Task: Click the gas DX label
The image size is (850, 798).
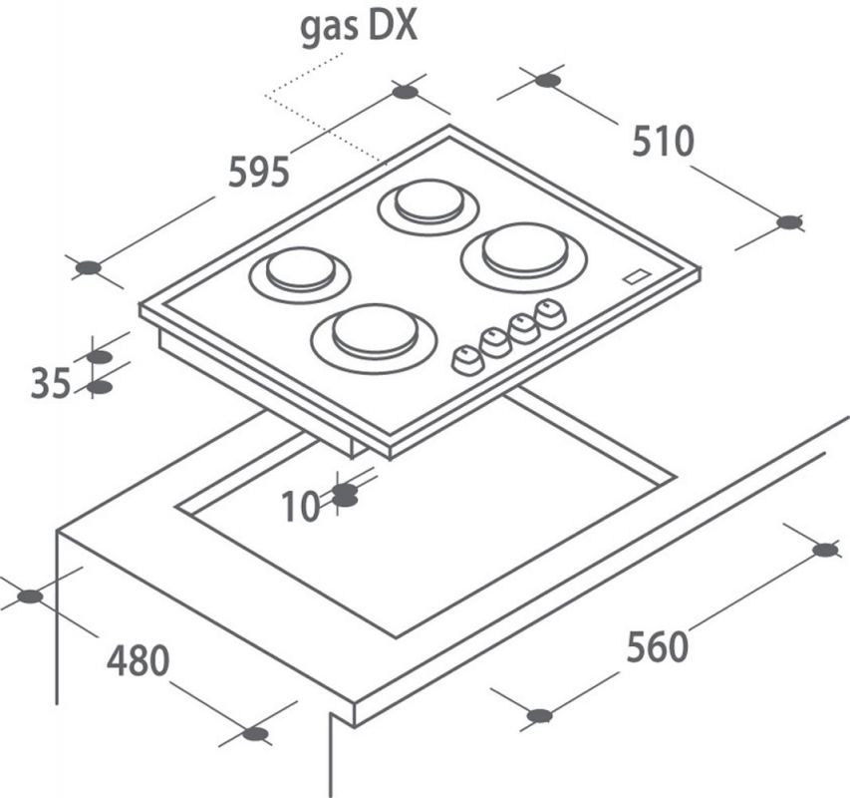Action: point(359,27)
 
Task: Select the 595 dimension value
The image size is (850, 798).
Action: point(258,172)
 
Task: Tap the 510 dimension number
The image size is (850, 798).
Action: point(663,141)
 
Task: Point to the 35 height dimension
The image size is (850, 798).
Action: point(51,383)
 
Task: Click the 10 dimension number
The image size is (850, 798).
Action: point(301,507)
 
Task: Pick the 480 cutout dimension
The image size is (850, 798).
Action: point(138,659)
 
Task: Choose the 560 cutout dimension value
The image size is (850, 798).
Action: point(657,646)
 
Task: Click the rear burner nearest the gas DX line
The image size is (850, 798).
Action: point(428,207)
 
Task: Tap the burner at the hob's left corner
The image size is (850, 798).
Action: point(299,274)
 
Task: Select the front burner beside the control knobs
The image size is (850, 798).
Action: point(374,337)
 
